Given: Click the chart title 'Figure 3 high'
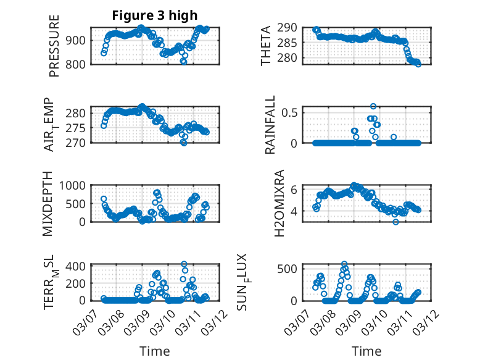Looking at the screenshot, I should click(155, 15).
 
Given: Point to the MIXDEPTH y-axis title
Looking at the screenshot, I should click(48, 203).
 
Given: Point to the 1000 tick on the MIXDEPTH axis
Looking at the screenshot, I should click(74, 185).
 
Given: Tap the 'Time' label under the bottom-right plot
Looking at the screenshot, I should click(366, 351).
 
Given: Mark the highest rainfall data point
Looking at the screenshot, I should click(373, 106).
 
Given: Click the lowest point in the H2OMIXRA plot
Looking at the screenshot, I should click(395, 222).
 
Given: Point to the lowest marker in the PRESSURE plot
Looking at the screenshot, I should click(183, 61).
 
